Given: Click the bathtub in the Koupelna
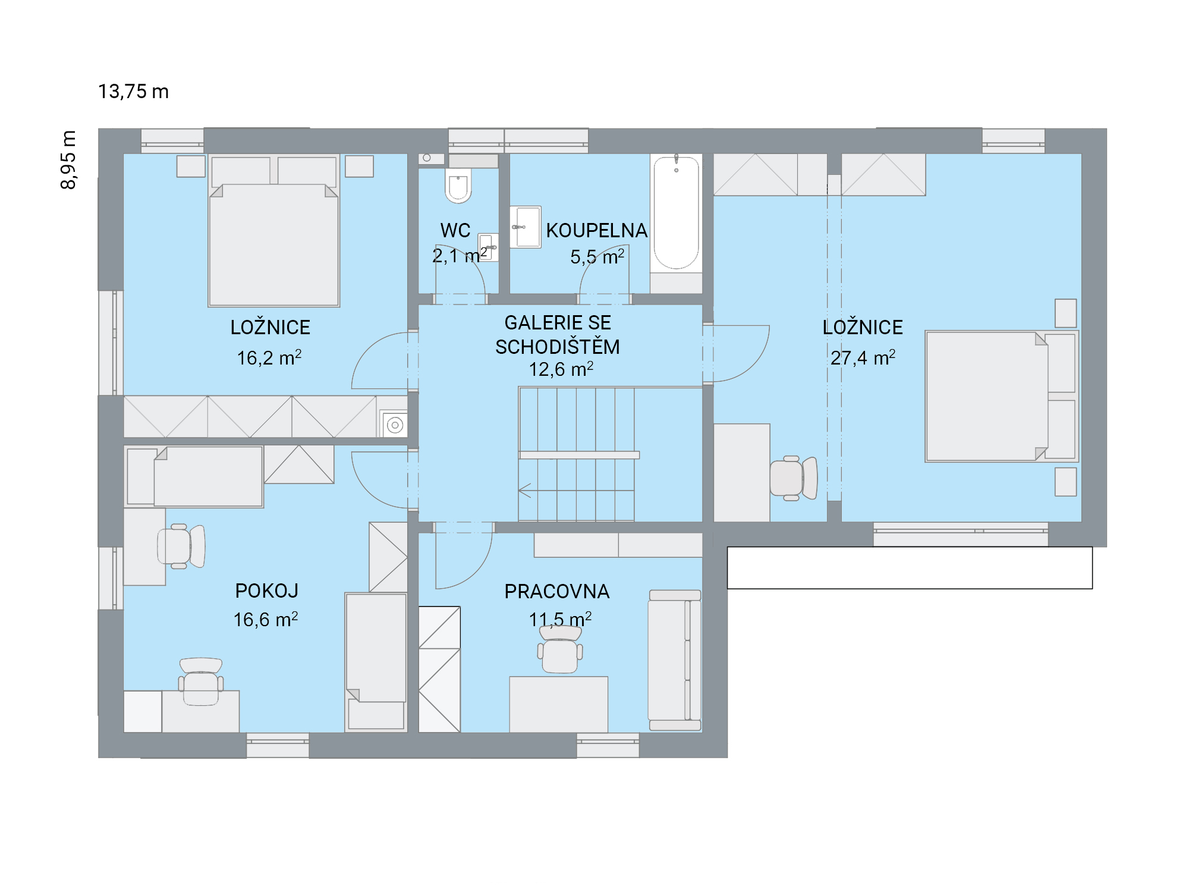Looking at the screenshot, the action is click(x=676, y=213).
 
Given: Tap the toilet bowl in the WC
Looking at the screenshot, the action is click(x=458, y=185).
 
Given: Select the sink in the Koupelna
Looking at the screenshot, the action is click(x=526, y=227).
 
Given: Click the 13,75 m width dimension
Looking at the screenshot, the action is click(x=133, y=92).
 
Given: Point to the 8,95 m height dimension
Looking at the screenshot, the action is click(x=68, y=159).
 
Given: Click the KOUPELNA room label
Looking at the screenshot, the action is click(x=597, y=230).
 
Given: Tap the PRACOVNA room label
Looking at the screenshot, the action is click(x=557, y=591).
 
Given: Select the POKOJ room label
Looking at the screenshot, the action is click(x=267, y=591).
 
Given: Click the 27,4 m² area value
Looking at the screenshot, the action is click(x=863, y=357).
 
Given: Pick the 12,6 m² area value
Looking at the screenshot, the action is click(x=561, y=369).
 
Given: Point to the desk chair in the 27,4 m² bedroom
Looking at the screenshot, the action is click(x=794, y=478).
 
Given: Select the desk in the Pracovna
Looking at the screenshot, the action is click(x=559, y=704).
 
